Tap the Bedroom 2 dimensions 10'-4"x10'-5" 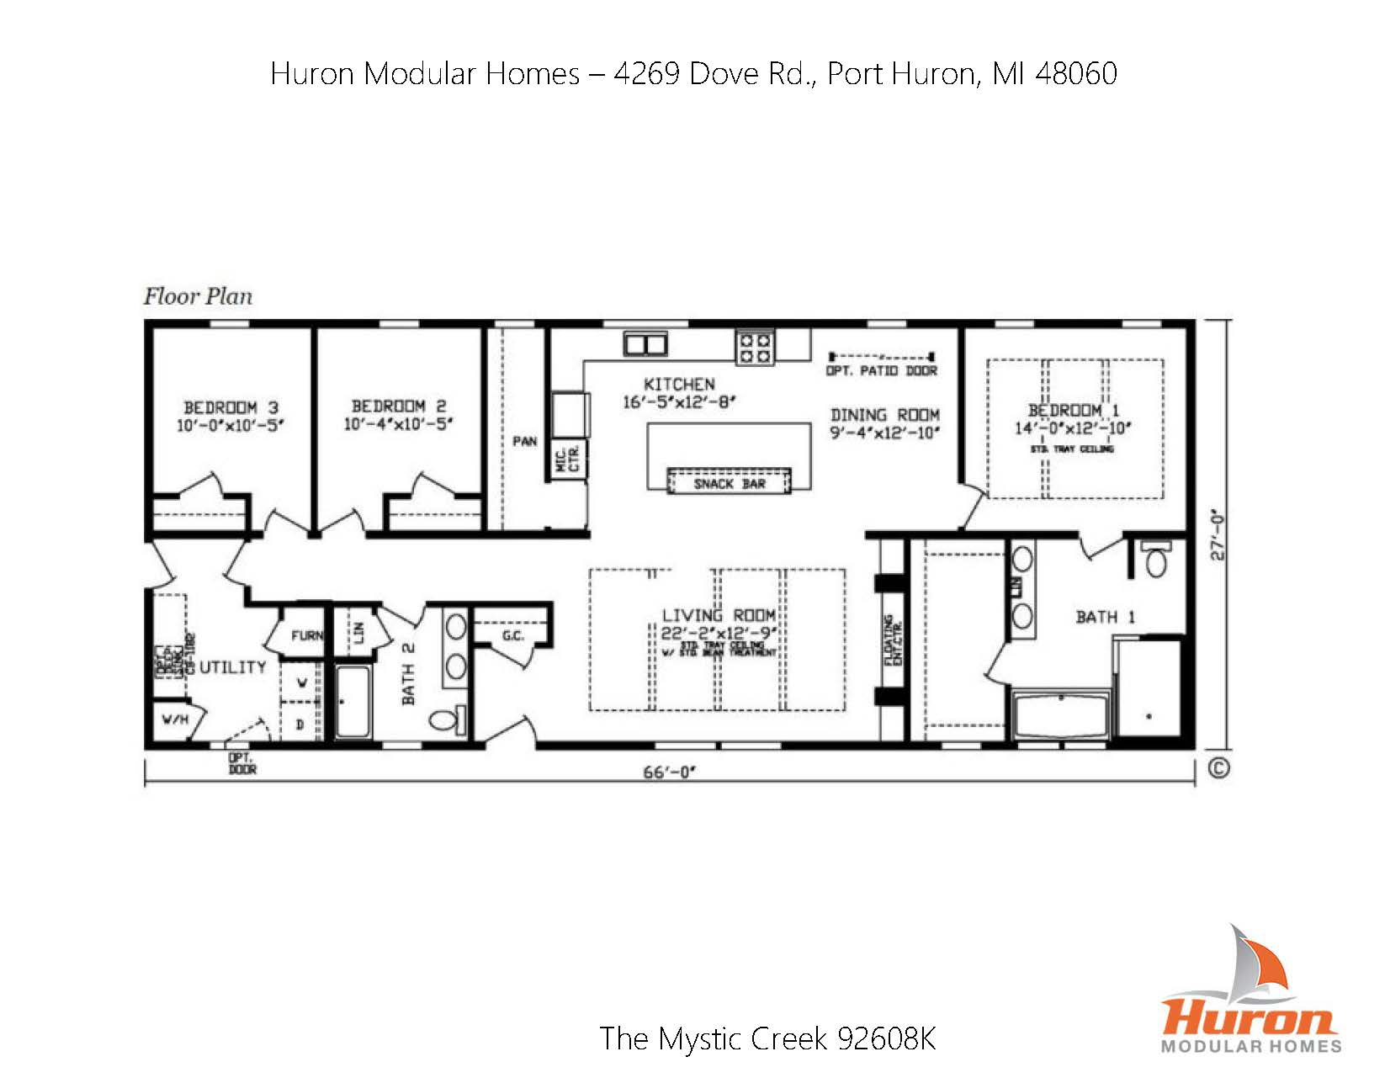(x=398, y=424)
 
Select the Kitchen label (x=679, y=385)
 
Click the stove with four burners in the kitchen (x=754, y=348)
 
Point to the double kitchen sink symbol (x=645, y=343)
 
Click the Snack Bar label (x=729, y=484)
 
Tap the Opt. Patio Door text (x=881, y=371)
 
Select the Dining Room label (x=884, y=415)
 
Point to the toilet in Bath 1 (x=1156, y=559)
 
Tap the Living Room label (x=718, y=615)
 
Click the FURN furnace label (x=307, y=636)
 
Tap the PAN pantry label (x=525, y=441)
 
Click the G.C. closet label (x=512, y=635)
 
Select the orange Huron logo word (x=1249, y=1015)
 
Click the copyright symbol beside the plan (x=1218, y=767)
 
